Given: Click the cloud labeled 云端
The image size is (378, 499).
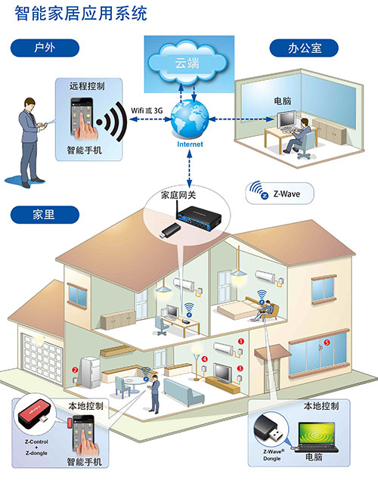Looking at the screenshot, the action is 187,62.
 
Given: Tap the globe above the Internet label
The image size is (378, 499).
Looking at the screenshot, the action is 190,119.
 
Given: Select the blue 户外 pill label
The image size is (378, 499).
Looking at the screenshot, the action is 45,48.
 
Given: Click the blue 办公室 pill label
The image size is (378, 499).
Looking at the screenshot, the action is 304,48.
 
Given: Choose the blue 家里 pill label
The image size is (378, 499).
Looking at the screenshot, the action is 45,215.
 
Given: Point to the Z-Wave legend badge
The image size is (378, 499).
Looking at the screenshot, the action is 280,193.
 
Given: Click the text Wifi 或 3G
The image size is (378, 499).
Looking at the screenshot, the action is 147,110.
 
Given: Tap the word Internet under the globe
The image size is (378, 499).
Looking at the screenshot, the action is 190,144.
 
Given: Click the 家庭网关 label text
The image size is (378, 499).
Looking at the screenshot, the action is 178,195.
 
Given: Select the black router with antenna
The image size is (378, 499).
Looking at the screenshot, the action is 198,216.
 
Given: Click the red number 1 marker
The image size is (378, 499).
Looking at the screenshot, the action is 241,342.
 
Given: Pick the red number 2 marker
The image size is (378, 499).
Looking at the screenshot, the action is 75,370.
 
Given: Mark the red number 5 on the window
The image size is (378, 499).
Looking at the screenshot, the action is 327,342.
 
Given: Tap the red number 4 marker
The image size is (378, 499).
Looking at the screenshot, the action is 205,359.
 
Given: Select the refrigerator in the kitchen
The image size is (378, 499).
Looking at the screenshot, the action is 90,372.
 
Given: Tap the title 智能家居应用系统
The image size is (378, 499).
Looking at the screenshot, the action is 81,14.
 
